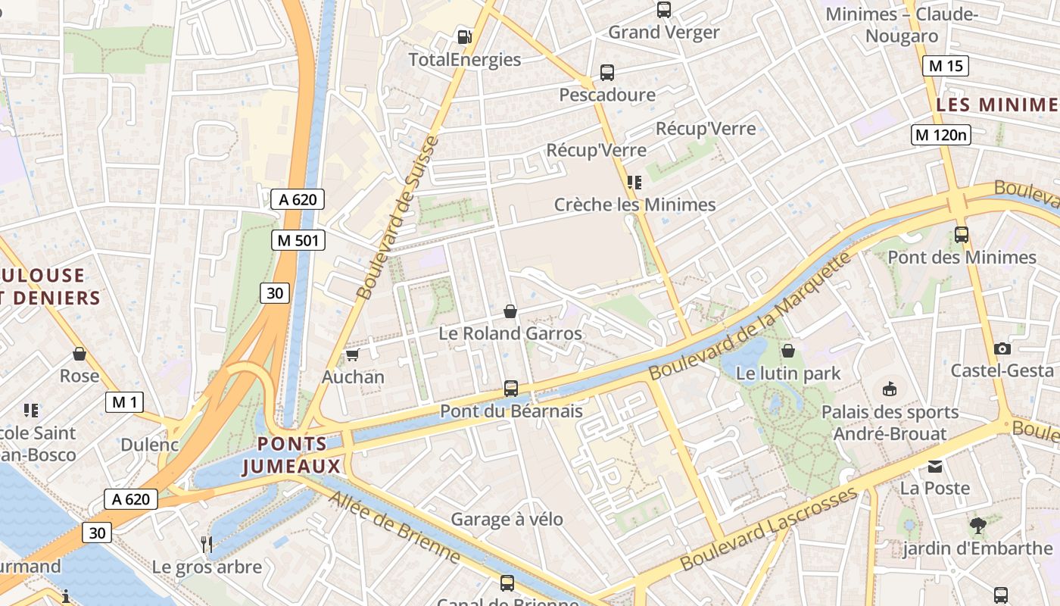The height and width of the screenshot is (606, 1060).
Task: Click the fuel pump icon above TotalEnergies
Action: [x=464, y=36]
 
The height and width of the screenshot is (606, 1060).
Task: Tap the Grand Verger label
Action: [x=663, y=33]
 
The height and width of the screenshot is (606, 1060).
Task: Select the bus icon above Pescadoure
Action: [x=606, y=73]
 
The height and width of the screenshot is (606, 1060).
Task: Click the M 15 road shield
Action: [x=946, y=66]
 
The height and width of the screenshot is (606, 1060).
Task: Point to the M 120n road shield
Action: [x=940, y=135]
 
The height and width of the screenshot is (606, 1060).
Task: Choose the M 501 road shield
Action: [x=298, y=241]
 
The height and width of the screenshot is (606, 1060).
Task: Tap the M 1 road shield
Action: [x=124, y=402]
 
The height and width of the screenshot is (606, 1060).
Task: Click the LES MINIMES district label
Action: [x=997, y=105]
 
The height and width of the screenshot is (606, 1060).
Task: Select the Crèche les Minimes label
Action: [x=634, y=205]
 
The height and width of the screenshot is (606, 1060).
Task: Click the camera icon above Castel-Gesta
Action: [x=1002, y=348]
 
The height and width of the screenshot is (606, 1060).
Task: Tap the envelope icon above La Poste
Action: [x=935, y=467]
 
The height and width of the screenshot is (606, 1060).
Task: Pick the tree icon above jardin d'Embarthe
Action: [x=977, y=525]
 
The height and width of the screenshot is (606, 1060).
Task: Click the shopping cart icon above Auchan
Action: [x=352, y=355]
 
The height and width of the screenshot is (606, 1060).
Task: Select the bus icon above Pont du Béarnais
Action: [x=511, y=389]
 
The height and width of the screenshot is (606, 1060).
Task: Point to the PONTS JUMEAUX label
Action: [x=292, y=455]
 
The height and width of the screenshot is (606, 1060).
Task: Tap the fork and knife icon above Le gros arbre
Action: [x=206, y=543]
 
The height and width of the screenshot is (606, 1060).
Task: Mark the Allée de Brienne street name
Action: [x=394, y=526]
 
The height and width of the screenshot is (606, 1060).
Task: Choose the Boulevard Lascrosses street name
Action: [x=768, y=529]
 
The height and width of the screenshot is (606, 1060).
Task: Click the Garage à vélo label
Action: [x=507, y=519]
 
